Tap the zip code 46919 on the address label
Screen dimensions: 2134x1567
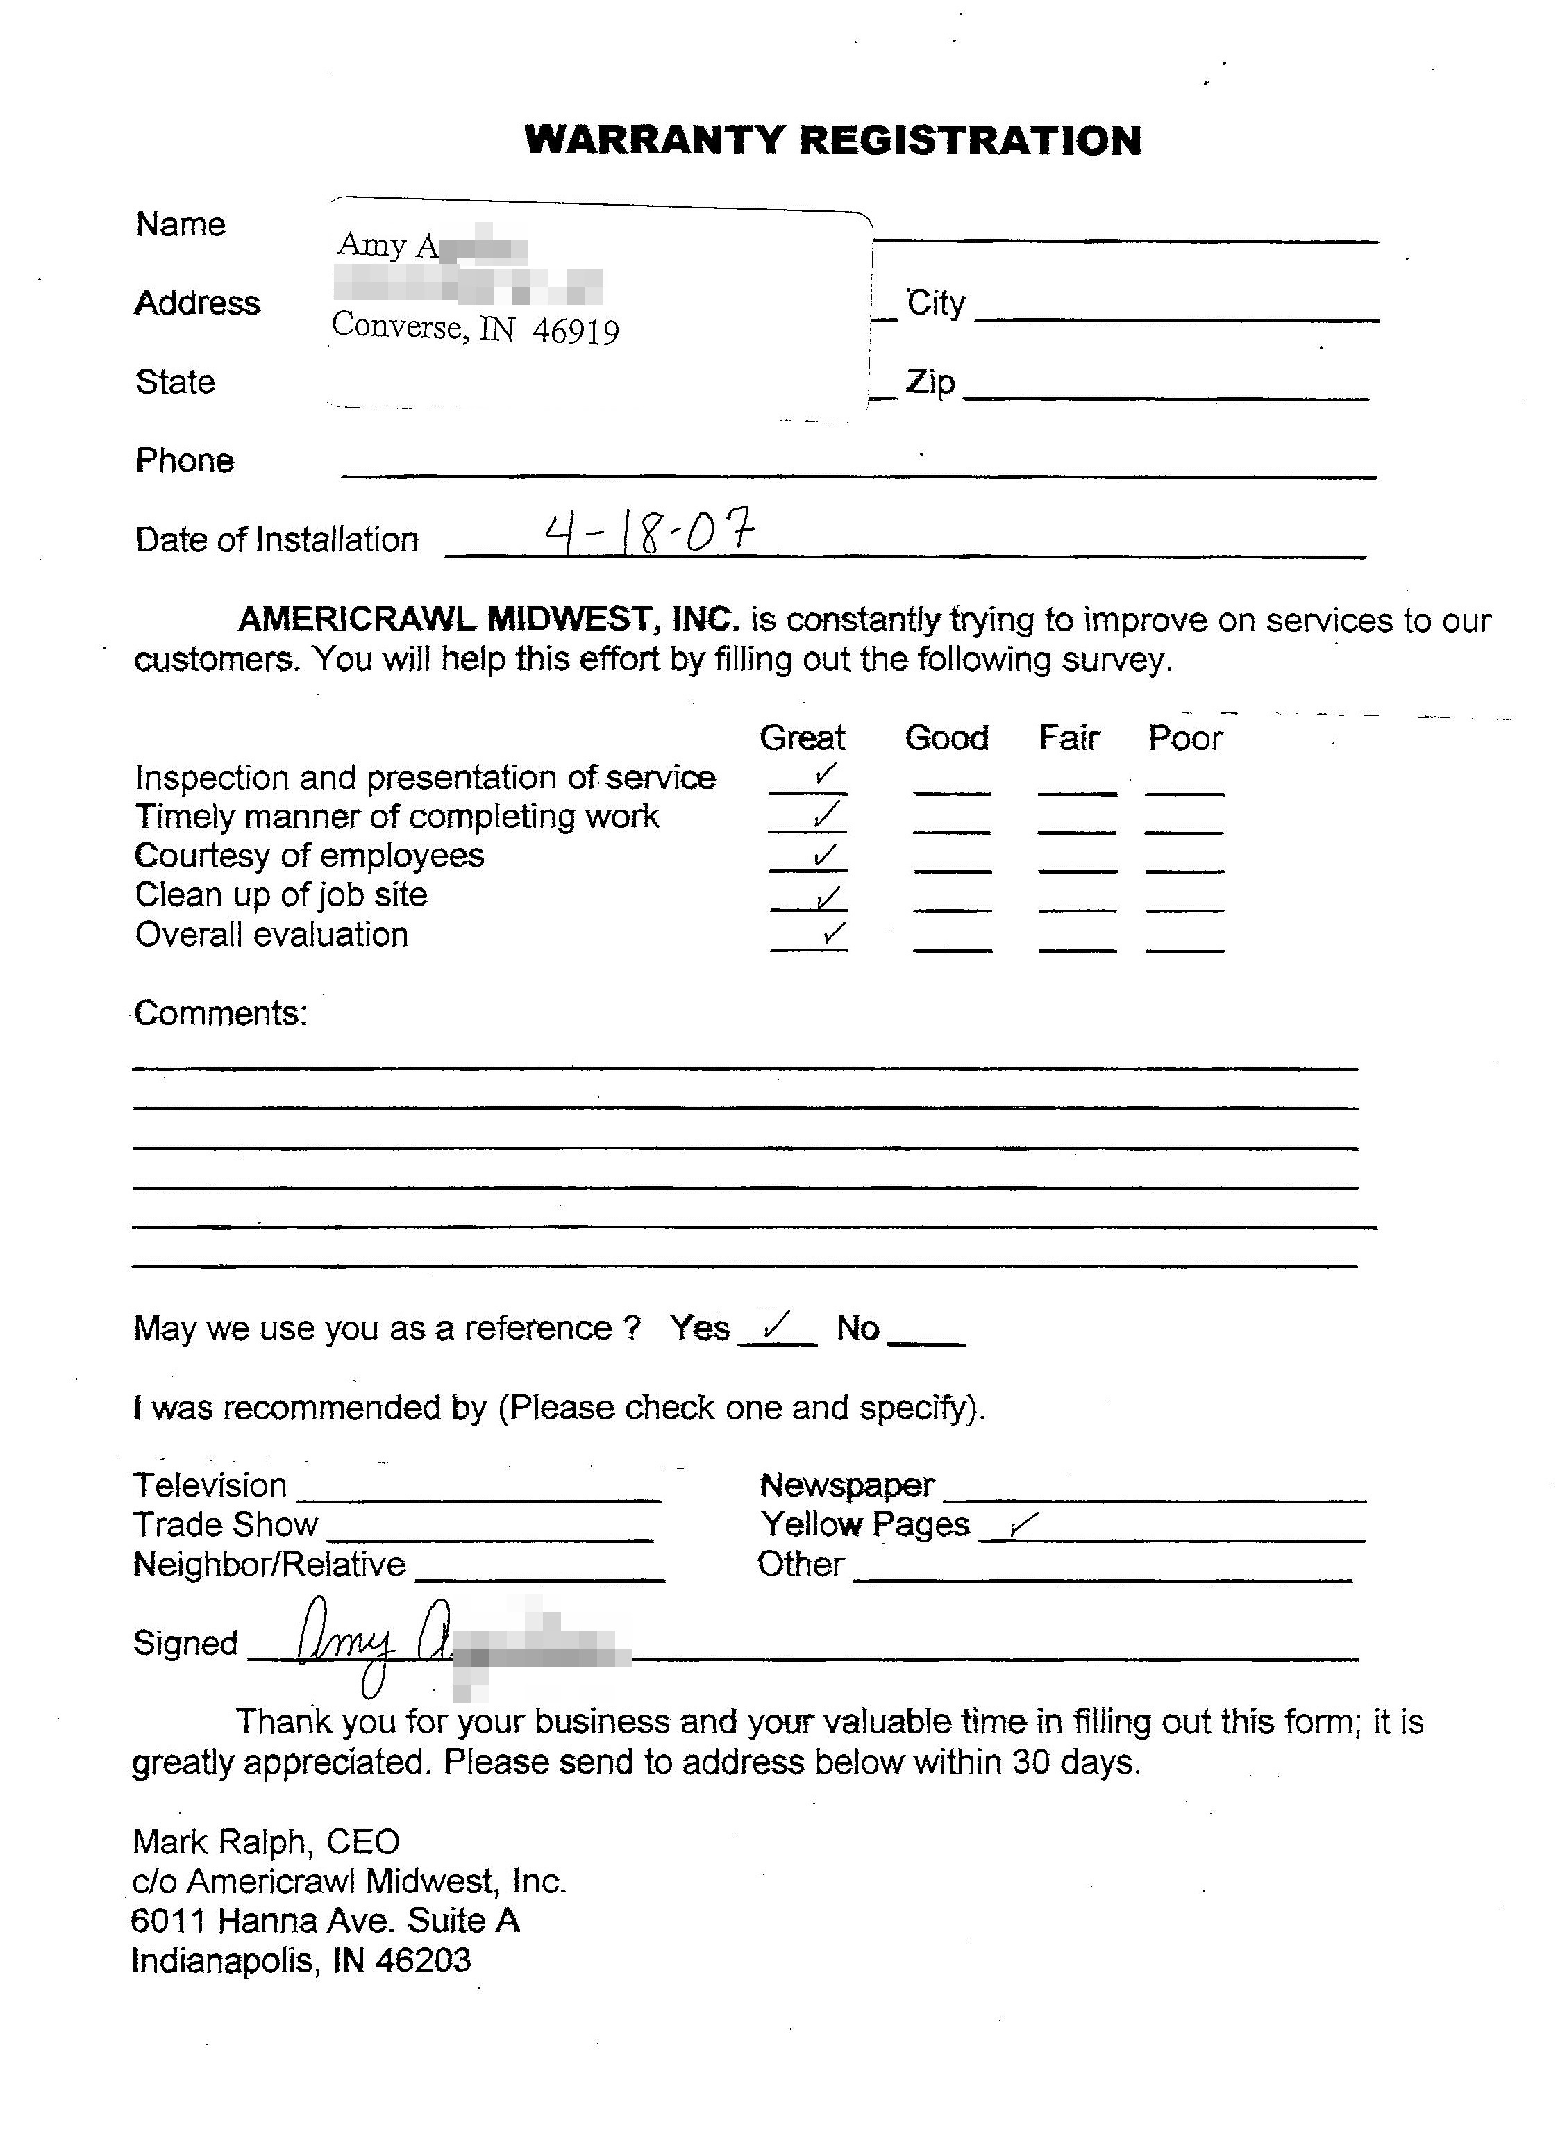point(576,331)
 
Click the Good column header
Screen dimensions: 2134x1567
point(946,737)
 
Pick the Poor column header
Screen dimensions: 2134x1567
point(1184,737)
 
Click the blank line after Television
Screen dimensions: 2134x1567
point(479,1497)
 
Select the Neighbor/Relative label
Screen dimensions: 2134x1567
point(269,1564)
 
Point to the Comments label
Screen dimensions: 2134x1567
point(220,1013)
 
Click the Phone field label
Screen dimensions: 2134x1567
point(185,460)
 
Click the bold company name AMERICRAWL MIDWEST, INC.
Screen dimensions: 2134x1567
point(489,619)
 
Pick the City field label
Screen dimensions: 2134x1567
point(935,303)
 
